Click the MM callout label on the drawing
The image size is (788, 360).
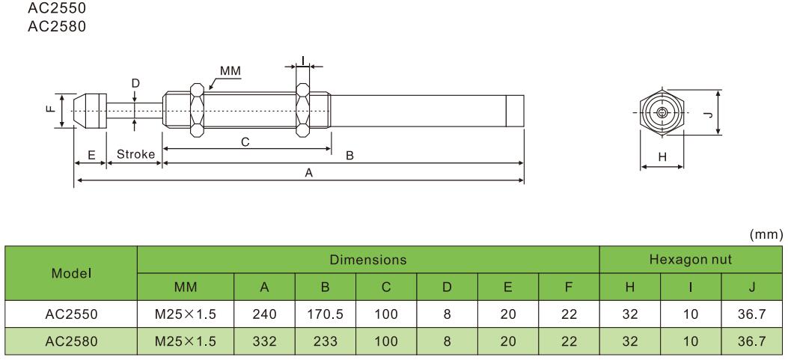click(x=229, y=70)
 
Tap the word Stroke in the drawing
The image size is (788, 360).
click(x=135, y=155)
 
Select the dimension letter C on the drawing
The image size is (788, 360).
click(x=245, y=141)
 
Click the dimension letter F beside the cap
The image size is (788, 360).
click(x=49, y=111)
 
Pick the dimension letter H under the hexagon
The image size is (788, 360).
click(x=662, y=156)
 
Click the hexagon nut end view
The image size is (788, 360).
click(x=662, y=113)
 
